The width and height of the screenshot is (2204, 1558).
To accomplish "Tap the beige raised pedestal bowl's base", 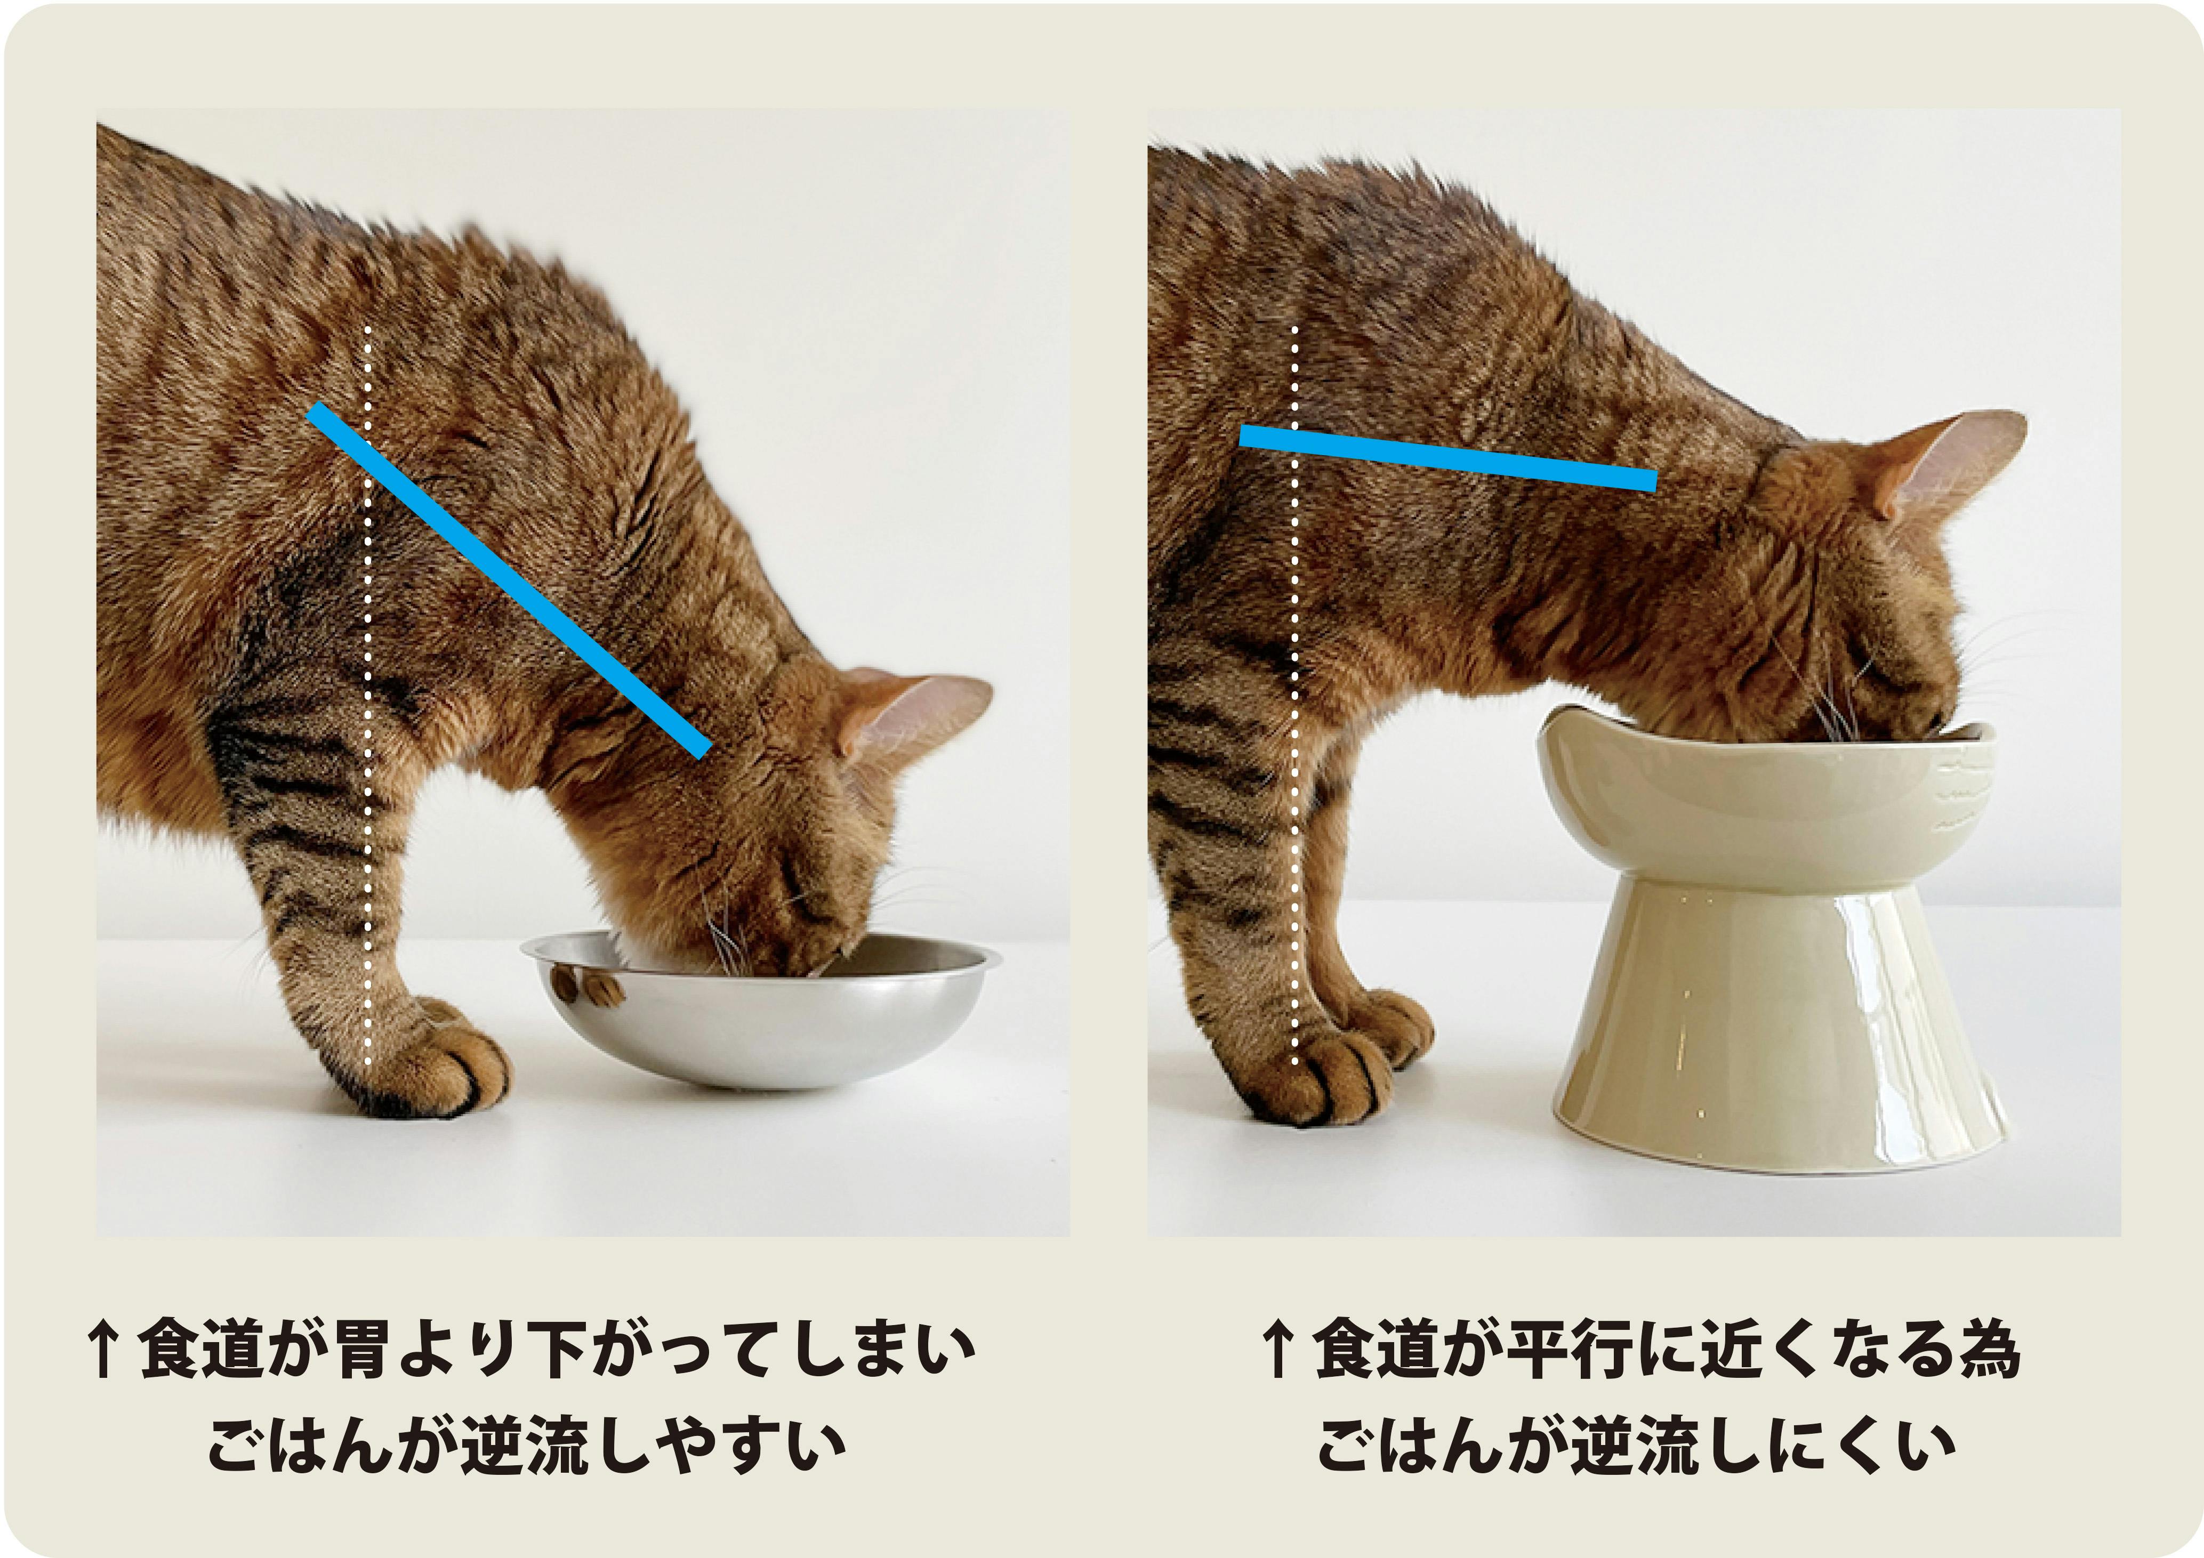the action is point(1778,1027).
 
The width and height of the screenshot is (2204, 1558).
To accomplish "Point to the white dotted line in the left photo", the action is point(367,696).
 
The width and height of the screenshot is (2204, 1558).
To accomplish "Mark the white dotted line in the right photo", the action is point(1294,696).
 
